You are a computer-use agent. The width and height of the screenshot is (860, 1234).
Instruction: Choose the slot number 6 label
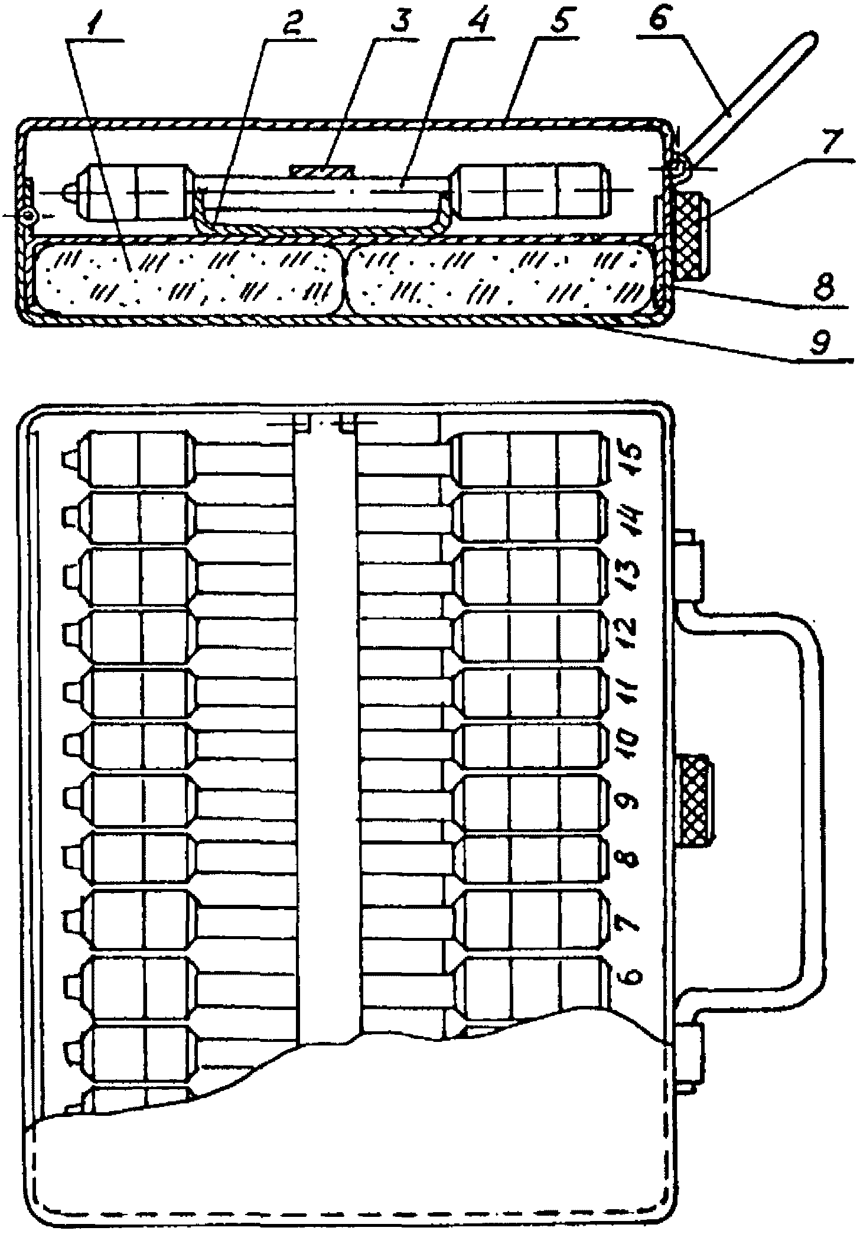pyautogui.click(x=631, y=976)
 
